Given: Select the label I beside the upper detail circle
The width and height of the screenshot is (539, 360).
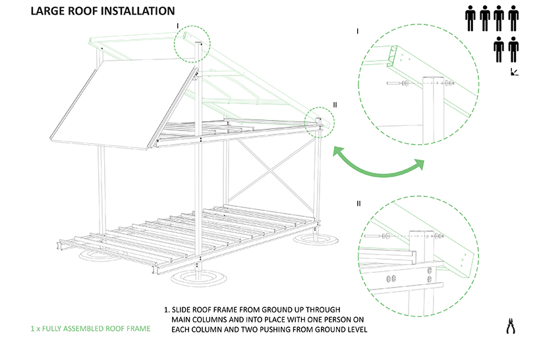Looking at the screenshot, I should click(356, 31).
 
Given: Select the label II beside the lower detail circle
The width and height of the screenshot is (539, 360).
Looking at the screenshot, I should click(358, 203).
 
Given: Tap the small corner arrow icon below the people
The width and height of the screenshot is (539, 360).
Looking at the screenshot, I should click(513, 72).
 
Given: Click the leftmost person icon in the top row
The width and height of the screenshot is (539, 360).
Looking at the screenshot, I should click(470, 18).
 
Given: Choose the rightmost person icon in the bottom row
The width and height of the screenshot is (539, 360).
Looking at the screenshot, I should click(513, 49).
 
